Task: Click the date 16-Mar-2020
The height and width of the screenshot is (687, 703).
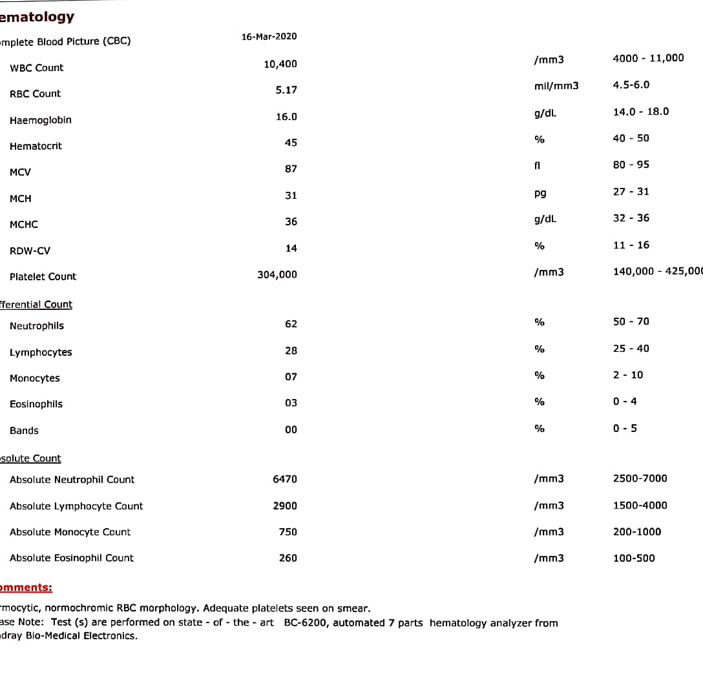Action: tap(269, 36)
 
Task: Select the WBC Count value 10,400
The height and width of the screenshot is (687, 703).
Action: tap(280, 64)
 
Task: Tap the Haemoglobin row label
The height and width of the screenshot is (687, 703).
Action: tap(41, 120)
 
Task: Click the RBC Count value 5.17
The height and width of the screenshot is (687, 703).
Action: tap(286, 90)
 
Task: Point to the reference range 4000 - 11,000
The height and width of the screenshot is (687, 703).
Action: tap(648, 58)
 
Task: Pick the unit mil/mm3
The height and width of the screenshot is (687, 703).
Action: tap(556, 86)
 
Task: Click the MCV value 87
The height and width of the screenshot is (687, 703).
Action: tap(291, 169)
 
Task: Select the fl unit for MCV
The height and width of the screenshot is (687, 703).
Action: tap(537, 165)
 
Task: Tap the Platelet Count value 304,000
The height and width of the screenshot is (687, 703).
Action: tap(277, 274)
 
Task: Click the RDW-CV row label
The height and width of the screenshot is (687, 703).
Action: tap(30, 251)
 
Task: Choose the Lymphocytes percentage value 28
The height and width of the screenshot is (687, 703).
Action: tap(291, 351)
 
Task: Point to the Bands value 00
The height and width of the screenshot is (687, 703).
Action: tap(291, 429)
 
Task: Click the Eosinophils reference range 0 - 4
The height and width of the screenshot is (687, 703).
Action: tap(625, 402)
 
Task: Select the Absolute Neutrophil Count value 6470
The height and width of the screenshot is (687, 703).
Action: tap(285, 479)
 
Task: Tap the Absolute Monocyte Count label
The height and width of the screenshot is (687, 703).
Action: tap(70, 532)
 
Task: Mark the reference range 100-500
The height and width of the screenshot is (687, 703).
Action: tap(634, 558)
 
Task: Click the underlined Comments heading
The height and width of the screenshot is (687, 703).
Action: tap(26, 588)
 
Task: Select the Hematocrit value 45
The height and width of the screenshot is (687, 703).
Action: tap(291, 142)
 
